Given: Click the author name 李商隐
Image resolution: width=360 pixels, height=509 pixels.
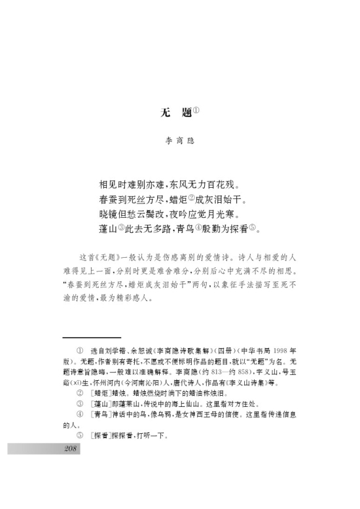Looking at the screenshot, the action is click(180, 141).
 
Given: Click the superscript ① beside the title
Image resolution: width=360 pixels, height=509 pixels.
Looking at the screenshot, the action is click(195, 109).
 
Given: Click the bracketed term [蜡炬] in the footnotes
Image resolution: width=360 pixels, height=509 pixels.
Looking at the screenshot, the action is click(99, 393).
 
